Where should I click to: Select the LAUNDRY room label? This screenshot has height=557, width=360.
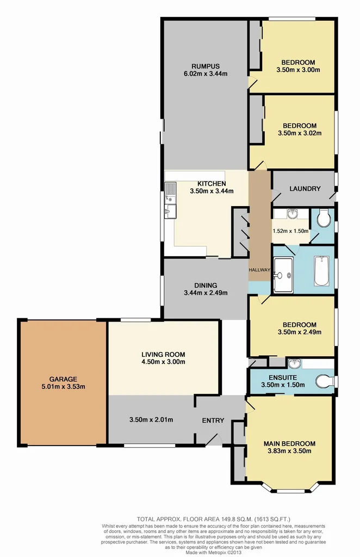(x=304, y=189)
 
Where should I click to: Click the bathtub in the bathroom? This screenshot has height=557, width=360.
(x=322, y=271)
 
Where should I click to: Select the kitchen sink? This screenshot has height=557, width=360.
(x=171, y=191)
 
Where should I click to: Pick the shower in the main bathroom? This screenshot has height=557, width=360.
(x=283, y=275)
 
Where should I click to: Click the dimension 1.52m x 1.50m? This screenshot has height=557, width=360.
(x=290, y=230)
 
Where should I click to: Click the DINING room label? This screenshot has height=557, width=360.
(x=205, y=285)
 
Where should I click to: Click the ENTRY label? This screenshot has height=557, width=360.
(x=213, y=420)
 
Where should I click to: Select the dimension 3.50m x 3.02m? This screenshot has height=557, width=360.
(x=299, y=132)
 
